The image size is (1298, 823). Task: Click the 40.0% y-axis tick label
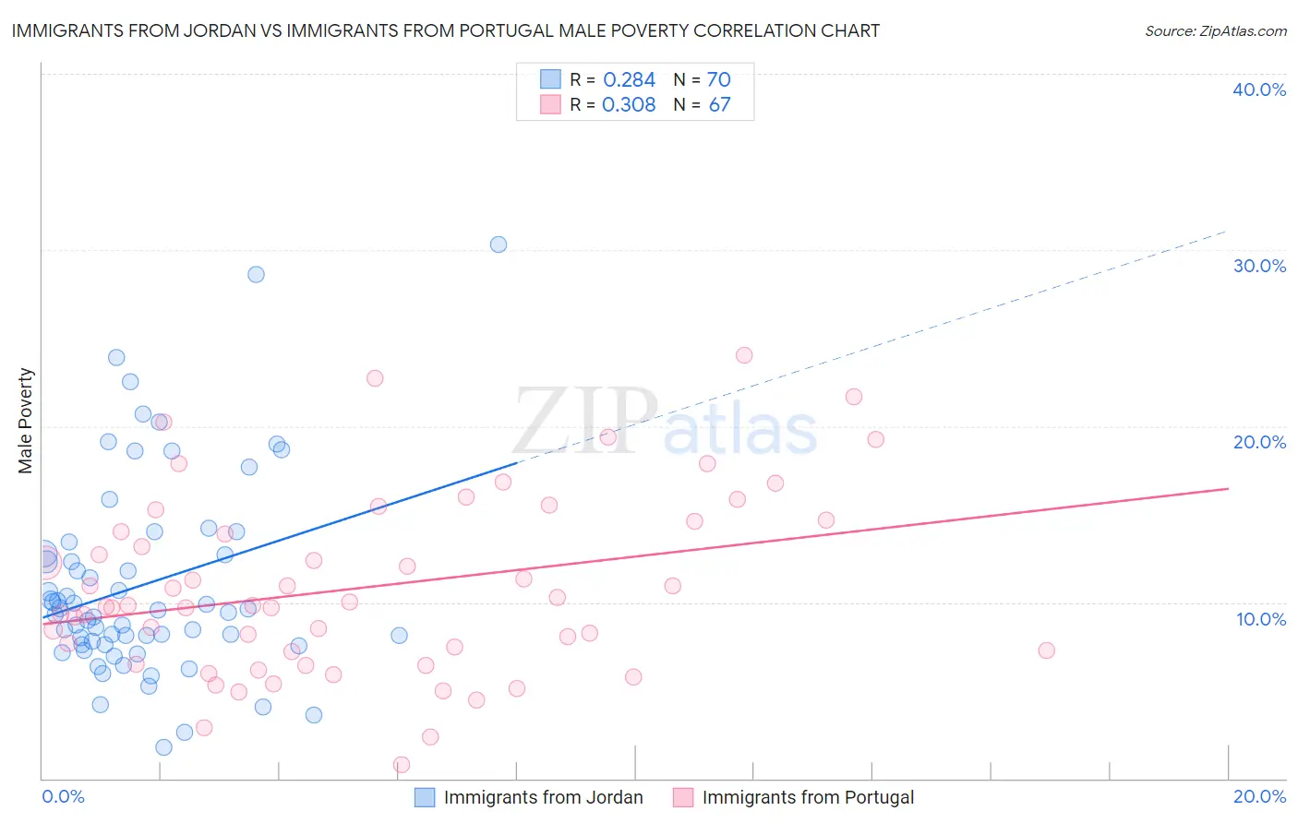click(x=1259, y=89)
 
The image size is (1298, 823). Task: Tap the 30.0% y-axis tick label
click(x=1259, y=266)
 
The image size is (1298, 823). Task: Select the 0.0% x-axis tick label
click(x=63, y=796)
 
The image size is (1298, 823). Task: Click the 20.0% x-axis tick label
click(x=1259, y=796)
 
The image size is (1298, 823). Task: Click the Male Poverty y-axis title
click(x=26, y=421)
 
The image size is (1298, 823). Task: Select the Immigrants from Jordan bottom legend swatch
click(x=425, y=797)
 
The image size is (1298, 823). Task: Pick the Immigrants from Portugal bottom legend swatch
click(x=683, y=797)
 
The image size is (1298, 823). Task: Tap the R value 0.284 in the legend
click(x=629, y=80)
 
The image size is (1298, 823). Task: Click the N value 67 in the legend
click(x=719, y=105)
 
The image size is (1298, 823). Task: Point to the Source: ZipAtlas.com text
click(x=1215, y=31)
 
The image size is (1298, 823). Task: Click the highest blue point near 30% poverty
click(x=499, y=245)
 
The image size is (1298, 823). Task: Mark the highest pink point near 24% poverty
click(x=744, y=355)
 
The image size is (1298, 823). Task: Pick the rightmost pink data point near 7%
click(x=1046, y=650)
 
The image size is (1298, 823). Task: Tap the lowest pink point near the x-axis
click(x=402, y=765)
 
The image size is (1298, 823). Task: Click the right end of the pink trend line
click(x=1228, y=488)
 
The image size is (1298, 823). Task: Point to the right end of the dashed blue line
click(x=1227, y=231)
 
